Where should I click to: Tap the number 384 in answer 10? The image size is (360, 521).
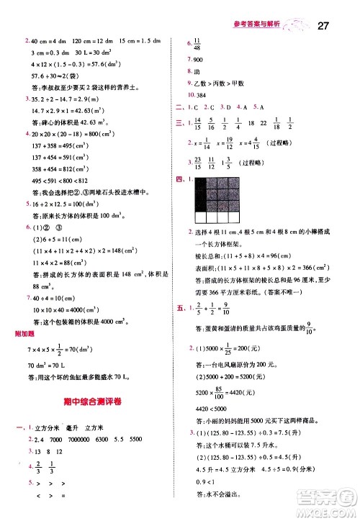(199, 96)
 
